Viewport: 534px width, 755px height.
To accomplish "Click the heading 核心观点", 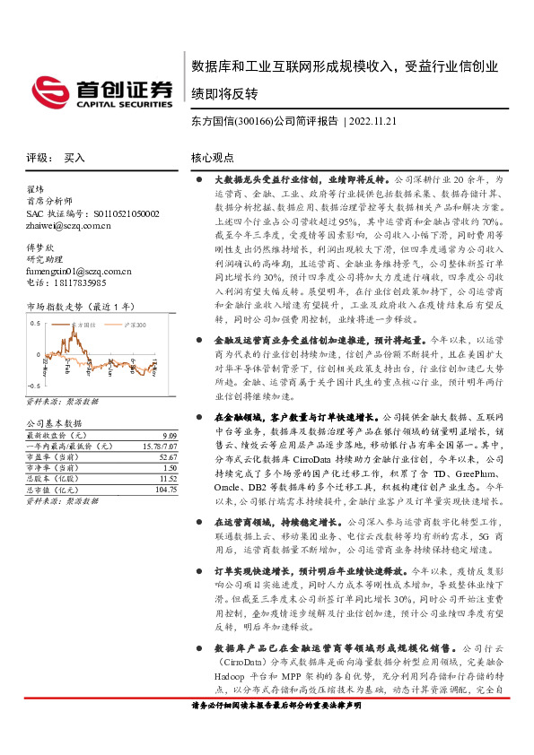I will point(212,158).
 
